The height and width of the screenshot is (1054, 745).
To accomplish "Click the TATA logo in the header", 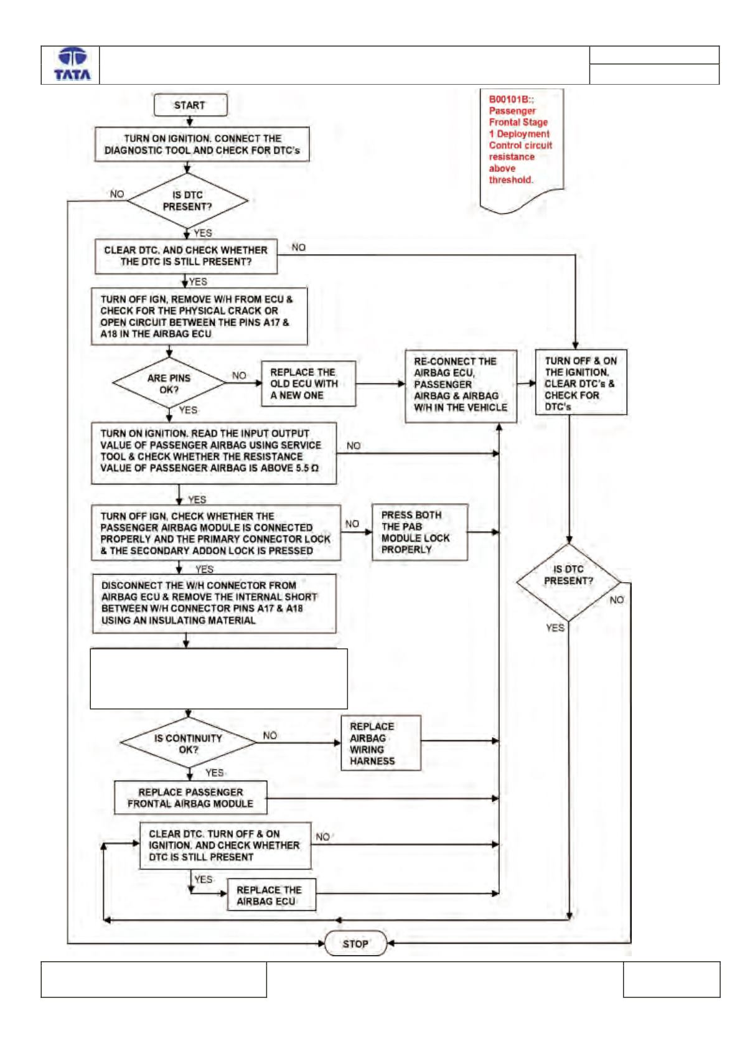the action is (72, 64).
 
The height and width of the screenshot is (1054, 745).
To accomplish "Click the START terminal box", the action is (190, 105).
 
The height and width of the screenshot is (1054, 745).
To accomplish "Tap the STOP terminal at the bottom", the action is (355, 943).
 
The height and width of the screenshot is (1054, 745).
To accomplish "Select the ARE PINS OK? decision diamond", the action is (169, 383).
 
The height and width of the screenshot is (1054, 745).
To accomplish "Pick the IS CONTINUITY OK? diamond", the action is (188, 743).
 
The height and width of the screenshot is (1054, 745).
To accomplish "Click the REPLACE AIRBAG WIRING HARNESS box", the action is (380, 743).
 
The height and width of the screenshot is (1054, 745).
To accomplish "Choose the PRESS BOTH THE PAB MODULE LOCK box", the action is (419, 532).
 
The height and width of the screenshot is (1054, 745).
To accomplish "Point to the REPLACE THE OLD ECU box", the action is (309, 383).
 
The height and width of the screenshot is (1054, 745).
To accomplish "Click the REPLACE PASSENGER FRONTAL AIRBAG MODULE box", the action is (190, 798).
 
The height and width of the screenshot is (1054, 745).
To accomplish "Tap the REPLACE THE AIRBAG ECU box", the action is (271, 895).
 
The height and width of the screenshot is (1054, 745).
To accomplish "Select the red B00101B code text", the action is (511, 99).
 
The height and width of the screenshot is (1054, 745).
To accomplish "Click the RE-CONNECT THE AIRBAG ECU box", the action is (461, 386).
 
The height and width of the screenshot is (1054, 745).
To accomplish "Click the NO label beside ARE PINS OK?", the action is (239, 375).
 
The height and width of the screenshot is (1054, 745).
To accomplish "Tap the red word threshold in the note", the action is (510, 180).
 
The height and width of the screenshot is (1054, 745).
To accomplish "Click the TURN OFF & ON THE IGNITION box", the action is (581, 382).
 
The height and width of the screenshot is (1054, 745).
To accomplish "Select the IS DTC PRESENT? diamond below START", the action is (188, 201).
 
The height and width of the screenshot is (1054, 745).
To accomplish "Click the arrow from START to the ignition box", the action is (190, 121).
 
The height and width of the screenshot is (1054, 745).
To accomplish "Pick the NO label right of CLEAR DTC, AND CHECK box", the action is (299, 248).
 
